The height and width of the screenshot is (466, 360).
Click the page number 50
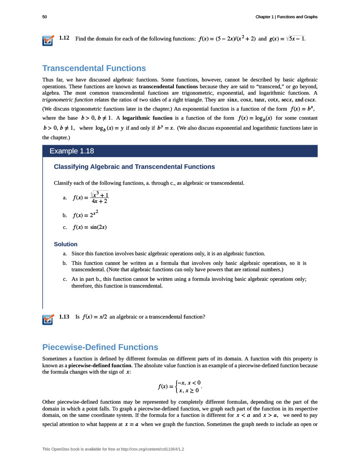pos(45,17)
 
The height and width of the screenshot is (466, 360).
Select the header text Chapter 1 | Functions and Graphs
pos(286,17)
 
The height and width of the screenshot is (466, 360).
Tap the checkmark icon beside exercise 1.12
pos(48,41)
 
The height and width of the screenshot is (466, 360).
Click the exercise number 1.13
pos(64,316)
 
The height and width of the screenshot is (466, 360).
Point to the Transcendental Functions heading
pos(94,68)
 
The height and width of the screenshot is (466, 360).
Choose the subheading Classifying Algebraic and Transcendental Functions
pos(134,167)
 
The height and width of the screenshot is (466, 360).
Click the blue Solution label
pos(66,244)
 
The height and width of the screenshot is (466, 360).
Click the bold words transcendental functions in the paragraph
pos(168,86)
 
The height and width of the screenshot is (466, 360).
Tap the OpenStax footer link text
pos(116,449)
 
